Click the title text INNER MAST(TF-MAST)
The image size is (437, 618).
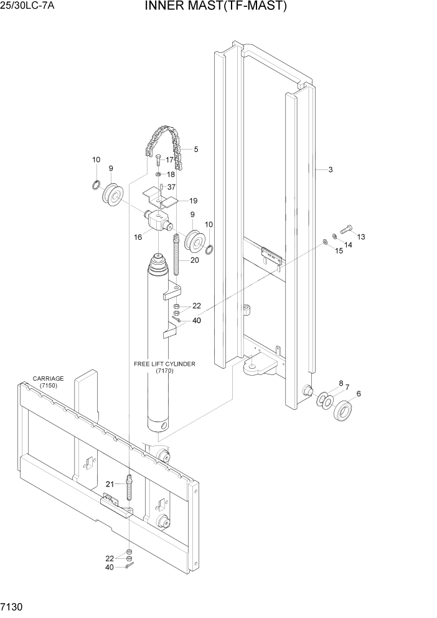tap(216, 7)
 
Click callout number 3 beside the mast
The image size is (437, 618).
tap(331, 169)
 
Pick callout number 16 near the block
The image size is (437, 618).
tap(138, 237)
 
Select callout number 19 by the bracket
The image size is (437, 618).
tap(194, 201)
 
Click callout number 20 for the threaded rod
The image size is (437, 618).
tap(194, 260)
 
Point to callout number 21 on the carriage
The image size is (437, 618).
tap(110, 484)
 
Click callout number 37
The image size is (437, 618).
tap(171, 188)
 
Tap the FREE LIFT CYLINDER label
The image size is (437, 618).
tap(164, 363)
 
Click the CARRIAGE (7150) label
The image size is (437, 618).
tap(48, 382)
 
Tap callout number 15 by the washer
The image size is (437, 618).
tap(339, 251)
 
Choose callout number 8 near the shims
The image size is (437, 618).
tap(341, 384)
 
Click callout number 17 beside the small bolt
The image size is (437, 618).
tap(170, 160)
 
